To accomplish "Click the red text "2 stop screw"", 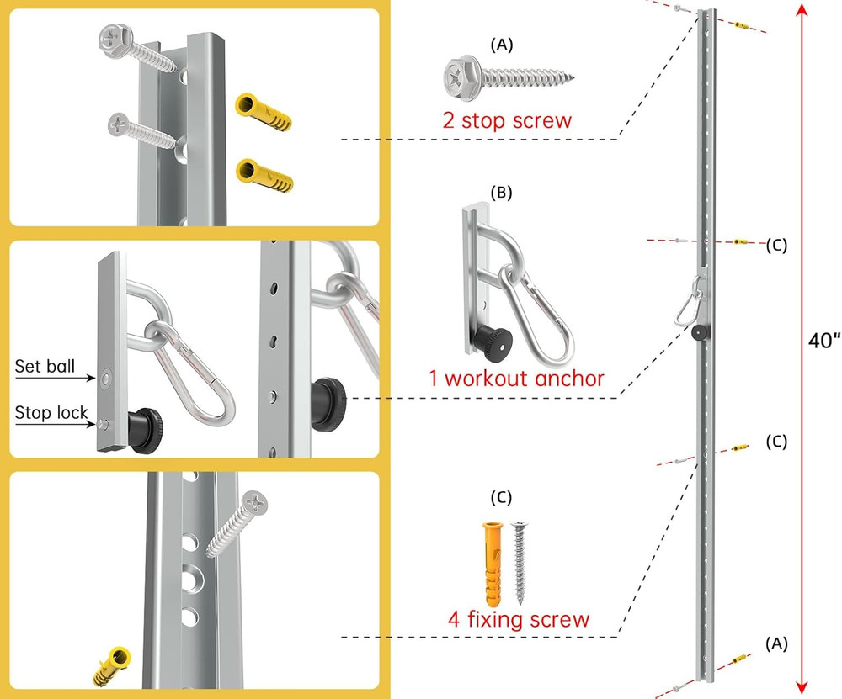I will pyautogui.click(x=507, y=119).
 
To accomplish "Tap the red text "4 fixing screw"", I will pyautogui.click(x=518, y=620).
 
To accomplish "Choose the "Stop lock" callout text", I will pyautogui.click(x=51, y=412).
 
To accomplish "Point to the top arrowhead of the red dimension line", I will pyautogui.click(x=802, y=11).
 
